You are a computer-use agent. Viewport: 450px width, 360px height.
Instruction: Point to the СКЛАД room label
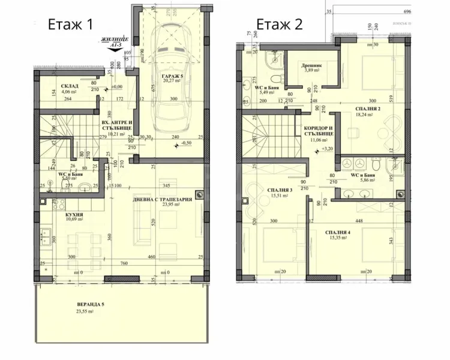70,86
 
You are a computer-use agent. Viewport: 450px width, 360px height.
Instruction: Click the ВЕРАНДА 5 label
90,305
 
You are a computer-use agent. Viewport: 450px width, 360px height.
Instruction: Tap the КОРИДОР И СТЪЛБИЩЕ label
317,131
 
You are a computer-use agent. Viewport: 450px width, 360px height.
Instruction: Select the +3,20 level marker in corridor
327,148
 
